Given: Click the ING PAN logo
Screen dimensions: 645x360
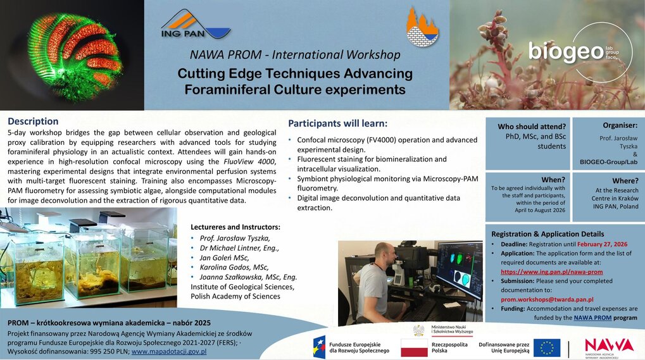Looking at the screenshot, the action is [x=196, y=25].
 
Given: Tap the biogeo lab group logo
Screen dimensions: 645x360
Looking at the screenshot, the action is [x=580, y=51].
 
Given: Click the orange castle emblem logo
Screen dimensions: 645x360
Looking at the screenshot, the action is [x=422, y=27].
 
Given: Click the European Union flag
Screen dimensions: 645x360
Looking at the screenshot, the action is [x=547, y=348].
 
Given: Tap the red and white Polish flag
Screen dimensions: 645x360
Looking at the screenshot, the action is [x=414, y=348].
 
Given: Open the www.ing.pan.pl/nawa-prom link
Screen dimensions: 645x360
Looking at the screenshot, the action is [x=551, y=271].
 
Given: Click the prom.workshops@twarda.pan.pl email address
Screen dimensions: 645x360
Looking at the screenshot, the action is [x=547, y=300].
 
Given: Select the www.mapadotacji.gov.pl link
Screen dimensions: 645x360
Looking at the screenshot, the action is [x=169, y=351].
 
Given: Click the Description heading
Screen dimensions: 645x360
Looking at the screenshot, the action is [x=33, y=121].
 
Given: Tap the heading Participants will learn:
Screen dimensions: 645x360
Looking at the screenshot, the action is [x=338, y=123].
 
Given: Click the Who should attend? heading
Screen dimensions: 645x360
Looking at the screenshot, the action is [x=532, y=127].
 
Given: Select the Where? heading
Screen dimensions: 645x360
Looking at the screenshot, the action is [x=625, y=181].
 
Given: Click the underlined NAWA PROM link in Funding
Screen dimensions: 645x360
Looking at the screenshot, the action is [x=592, y=318].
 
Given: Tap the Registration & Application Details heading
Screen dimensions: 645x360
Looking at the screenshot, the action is [x=548, y=234].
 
